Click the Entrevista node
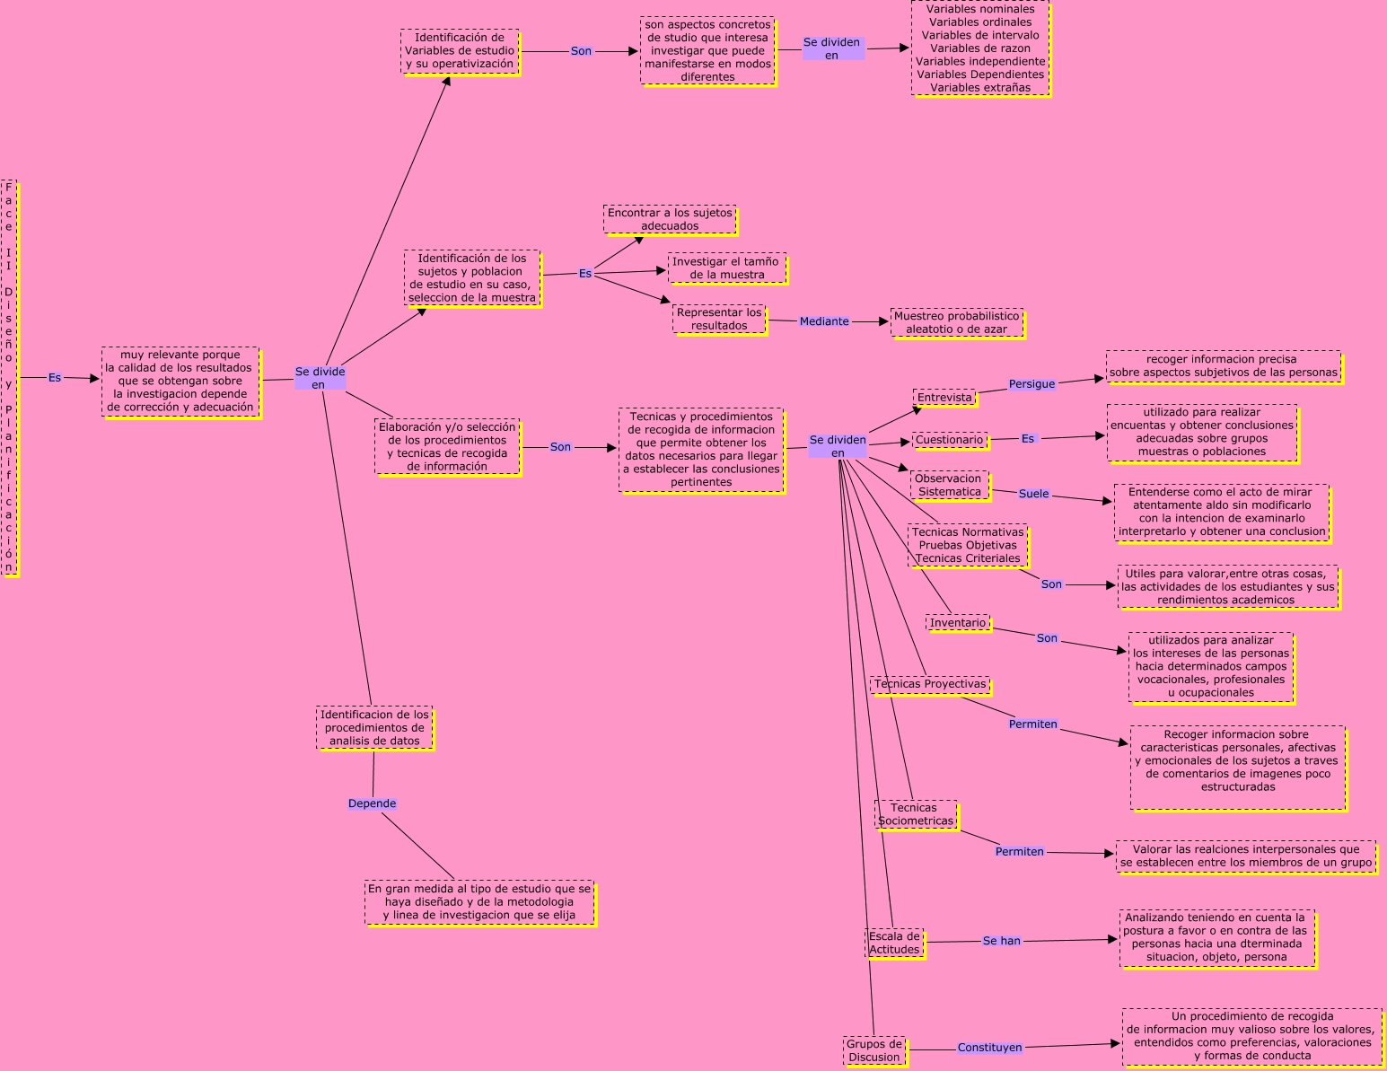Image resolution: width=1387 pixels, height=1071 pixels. click(944, 398)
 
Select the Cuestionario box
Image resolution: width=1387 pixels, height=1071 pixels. click(950, 440)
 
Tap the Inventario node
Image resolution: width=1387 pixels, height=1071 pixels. click(958, 623)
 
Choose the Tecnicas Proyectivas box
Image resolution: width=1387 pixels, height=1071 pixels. click(930, 684)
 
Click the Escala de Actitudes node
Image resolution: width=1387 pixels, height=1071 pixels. click(894, 943)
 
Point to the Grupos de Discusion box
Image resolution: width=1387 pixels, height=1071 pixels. click(874, 1050)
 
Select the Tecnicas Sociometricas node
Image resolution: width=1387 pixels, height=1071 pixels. click(916, 814)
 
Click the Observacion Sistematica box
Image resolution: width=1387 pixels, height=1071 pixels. click(950, 485)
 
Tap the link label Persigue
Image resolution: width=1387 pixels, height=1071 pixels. click(1031, 384)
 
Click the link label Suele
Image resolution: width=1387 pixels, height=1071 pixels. click(1033, 494)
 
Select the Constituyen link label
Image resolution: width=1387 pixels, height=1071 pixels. click(989, 1048)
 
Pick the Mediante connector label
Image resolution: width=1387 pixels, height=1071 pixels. click(824, 321)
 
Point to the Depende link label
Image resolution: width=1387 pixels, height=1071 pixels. click(372, 803)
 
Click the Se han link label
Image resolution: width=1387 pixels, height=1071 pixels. click(1001, 941)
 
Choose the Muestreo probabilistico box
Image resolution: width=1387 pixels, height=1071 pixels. click(957, 322)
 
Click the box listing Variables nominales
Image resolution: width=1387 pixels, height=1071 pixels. click(980, 48)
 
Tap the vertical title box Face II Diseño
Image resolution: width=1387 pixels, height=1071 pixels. click(9, 377)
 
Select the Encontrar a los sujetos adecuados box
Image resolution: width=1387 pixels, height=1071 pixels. click(670, 219)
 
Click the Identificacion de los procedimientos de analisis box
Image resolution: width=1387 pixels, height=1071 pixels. click(374, 728)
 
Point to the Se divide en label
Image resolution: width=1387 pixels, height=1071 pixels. click(320, 378)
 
